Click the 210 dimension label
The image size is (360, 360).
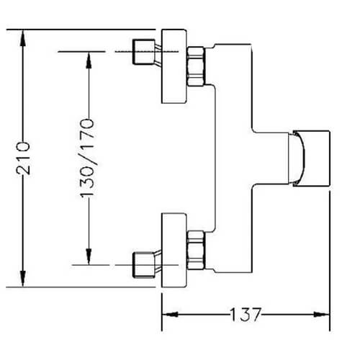[23, 158]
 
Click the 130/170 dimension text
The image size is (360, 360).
[87, 158]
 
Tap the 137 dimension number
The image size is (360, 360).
[245, 314]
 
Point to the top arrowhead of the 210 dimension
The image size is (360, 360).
[23, 38]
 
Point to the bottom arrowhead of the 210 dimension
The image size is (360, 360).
[23, 278]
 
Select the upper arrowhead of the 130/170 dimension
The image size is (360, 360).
[89, 60]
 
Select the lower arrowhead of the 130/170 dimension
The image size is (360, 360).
[89, 256]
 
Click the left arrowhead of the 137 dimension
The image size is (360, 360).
[170, 314]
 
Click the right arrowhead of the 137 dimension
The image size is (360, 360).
[322, 314]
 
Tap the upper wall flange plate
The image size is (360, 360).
[174, 66]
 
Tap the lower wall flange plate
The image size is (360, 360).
[174, 250]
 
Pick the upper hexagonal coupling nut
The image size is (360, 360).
[196, 66]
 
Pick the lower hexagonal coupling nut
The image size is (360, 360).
[196, 250]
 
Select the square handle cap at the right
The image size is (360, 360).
[312, 158]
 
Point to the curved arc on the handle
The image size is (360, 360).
[303, 158]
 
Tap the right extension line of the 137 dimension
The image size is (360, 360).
[330, 261]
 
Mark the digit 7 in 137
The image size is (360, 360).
[255, 314]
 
